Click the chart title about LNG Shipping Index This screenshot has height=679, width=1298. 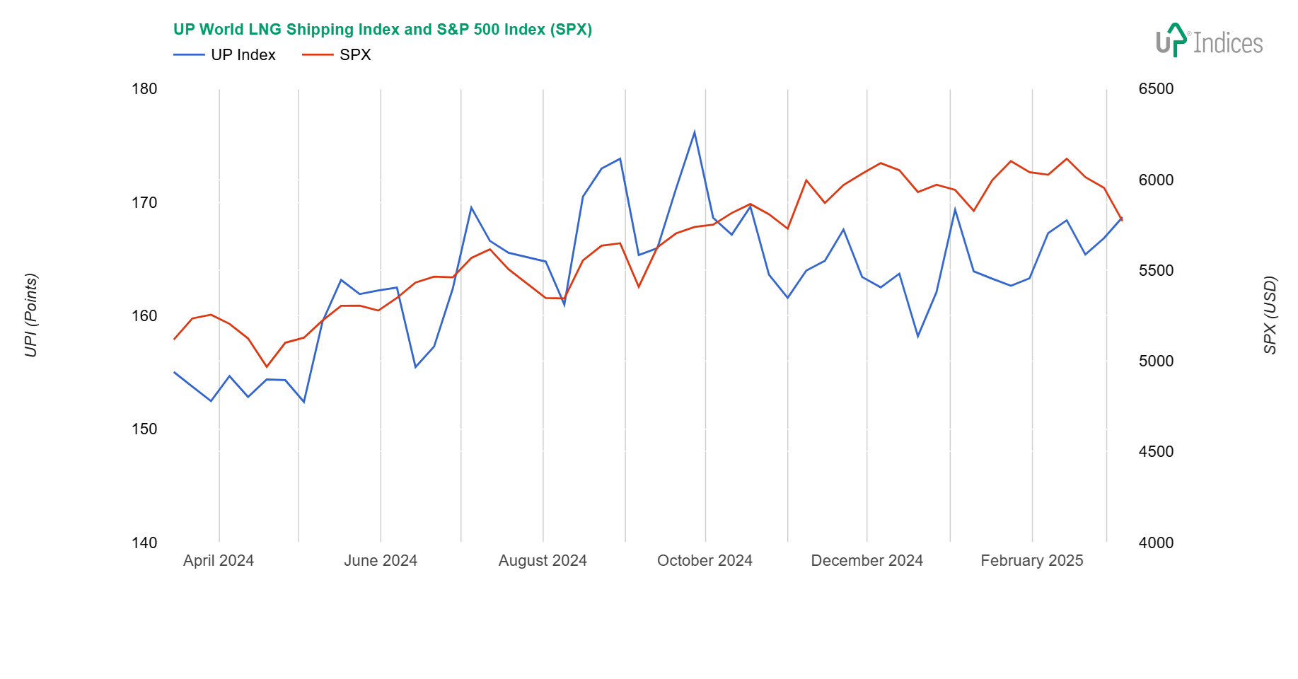pos(382,30)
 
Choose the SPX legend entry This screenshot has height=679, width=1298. pos(337,55)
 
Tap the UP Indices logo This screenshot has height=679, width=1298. pos(1209,41)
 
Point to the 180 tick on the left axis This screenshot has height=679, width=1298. pos(144,89)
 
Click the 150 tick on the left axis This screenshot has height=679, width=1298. pos(144,429)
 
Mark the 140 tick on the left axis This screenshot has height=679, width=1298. pos(144,543)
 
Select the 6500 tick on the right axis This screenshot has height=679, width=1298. pos(1156,89)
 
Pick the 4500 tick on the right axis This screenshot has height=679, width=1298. pos(1156,452)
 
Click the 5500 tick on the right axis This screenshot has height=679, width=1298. pos(1156,271)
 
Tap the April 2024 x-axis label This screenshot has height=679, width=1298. pos(219,561)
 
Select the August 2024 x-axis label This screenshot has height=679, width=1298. pos(543,561)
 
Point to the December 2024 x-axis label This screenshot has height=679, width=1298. pos(867,561)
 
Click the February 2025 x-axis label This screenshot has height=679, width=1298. pos(1031,561)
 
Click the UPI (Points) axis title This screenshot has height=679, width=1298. pos(31,315)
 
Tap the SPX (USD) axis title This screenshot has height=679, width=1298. pos(1270,315)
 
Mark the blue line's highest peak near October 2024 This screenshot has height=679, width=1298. pos(695,132)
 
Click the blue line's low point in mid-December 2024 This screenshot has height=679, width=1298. pos(918,337)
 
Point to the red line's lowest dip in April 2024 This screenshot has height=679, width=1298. pos(267,366)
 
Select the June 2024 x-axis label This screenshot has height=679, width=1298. pos(381,561)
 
